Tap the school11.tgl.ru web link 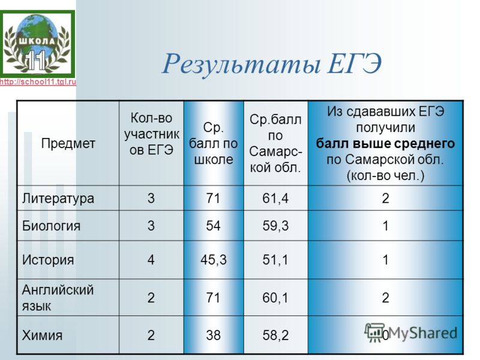click(x=38, y=82)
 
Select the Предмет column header click(x=68, y=143)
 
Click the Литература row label click(x=58, y=199)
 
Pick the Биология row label click(x=51, y=226)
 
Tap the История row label click(x=48, y=260)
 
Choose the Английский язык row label click(x=58, y=298)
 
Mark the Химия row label click(x=42, y=335)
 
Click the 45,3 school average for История click(x=214, y=260)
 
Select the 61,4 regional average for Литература click(x=275, y=199)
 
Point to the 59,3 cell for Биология click(x=275, y=226)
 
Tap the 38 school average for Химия click(x=213, y=335)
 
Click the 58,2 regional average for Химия click(x=275, y=335)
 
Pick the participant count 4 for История click(x=151, y=260)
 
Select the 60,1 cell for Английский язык click(x=275, y=298)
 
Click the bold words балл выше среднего click(x=385, y=143)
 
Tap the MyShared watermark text click(x=423, y=333)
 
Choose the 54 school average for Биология click(x=213, y=226)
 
